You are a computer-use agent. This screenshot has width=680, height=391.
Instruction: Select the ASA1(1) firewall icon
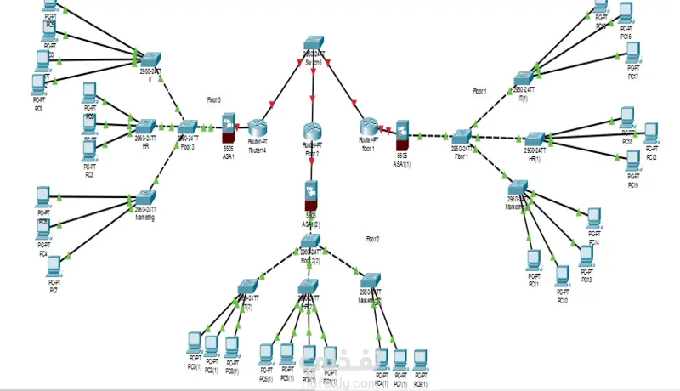pos(401,130)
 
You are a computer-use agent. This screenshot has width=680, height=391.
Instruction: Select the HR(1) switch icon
pos(534,138)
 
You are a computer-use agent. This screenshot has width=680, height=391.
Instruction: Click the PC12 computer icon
pos(651,133)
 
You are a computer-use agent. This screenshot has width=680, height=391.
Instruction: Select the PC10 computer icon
pos(562,275)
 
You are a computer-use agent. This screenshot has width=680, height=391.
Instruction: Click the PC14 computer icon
pos(593,218)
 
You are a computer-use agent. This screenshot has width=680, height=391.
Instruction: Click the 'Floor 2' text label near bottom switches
pos(372,240)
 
